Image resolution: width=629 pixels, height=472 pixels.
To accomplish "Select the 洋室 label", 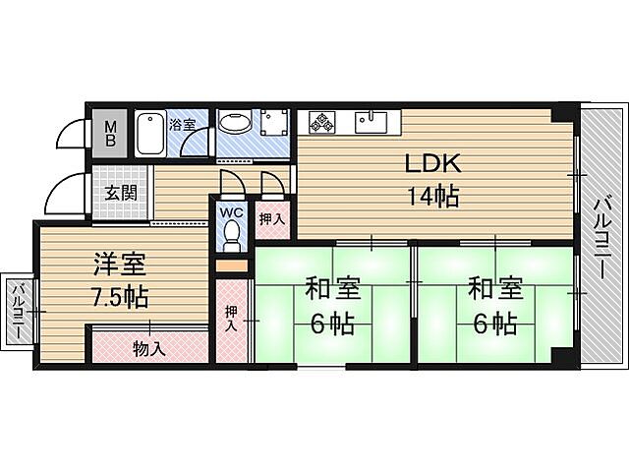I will click(120, 264).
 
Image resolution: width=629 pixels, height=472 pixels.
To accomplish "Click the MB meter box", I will click(111, 132).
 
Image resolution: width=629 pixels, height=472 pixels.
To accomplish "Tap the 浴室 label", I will click(183, 124).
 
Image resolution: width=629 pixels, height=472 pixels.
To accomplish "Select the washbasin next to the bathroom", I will click(234, 124).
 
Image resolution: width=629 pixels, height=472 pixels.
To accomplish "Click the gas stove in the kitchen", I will click(322, 122).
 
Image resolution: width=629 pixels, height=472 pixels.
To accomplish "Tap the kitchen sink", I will click(372, 122).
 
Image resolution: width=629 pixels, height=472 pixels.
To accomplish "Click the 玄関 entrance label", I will click(122, 191).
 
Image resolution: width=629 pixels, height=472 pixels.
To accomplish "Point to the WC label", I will click(231, 211).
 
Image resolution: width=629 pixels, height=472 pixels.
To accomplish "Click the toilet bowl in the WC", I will click(232, 235).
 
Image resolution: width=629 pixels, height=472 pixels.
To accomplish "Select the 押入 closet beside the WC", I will click(270, 218).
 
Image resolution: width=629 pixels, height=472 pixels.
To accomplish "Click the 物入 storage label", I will click(149, 347).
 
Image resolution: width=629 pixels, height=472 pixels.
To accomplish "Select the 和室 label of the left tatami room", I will click(332, 290).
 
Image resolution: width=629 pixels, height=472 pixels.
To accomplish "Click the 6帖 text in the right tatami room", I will click(495, 323).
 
